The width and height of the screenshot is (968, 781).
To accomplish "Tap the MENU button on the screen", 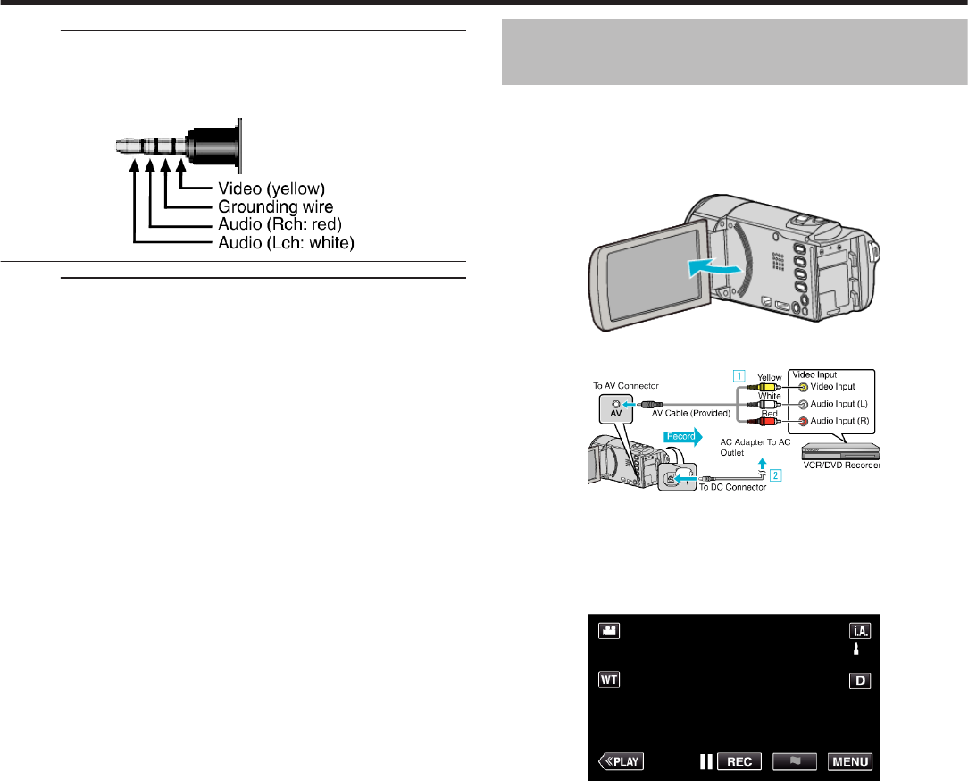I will [849, 762].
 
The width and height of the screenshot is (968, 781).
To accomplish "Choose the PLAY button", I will [621, 762].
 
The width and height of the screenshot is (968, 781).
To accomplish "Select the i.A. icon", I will [860, 630].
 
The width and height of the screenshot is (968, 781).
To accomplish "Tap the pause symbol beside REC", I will [706, 762].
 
